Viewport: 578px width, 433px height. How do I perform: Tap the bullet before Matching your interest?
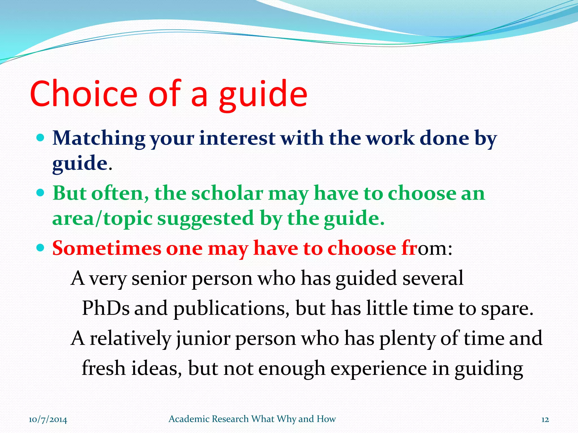pos(41,138)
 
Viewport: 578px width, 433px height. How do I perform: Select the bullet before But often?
pos(41,193)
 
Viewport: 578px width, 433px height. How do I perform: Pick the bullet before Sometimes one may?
pos(41,248)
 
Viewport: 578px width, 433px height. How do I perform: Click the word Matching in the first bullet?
pos(99,139)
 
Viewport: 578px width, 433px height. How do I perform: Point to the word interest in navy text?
pos(237,139)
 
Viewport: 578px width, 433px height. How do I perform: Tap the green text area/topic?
pos(102,219)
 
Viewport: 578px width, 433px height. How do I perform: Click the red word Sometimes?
pos(107,249)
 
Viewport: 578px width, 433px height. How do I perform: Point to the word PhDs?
pos(106,308)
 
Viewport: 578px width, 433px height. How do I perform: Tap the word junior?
pos(203,339)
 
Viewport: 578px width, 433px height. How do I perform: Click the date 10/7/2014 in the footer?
pos(48,419)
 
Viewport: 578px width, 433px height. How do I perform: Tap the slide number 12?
pos(545,419)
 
